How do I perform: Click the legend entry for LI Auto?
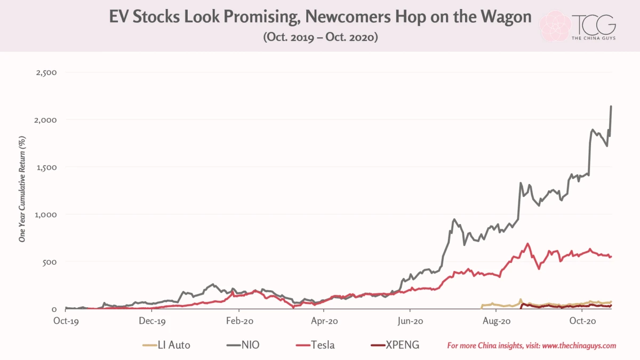[x=166, y=345]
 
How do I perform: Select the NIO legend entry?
[x=243, y=345]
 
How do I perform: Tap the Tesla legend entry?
[x=315, y=345]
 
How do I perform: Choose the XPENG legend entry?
[x=395, y=345]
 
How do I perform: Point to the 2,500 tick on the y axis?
[x=46, y=73]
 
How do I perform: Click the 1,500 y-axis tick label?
[x=46, y=167]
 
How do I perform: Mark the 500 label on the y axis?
[x=50, y=262]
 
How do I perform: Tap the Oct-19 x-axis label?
[x=66, y=321]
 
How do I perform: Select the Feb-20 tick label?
[x=239, y=321]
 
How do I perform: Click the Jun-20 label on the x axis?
[x=410, y=321]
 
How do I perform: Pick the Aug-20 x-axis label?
[x=497, y=321]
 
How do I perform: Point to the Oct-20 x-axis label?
[x=582, y=321]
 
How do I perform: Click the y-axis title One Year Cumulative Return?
[x=22, y=189]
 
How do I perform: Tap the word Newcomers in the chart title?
[x=348, y=17]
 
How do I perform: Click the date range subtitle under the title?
[x=321, y=37]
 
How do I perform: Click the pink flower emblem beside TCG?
[x=555, y=26]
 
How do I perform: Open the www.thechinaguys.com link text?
[x=579, y=346]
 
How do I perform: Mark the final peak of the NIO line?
[x=611, y=106]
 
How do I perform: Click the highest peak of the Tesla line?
[x=527, y=244]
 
